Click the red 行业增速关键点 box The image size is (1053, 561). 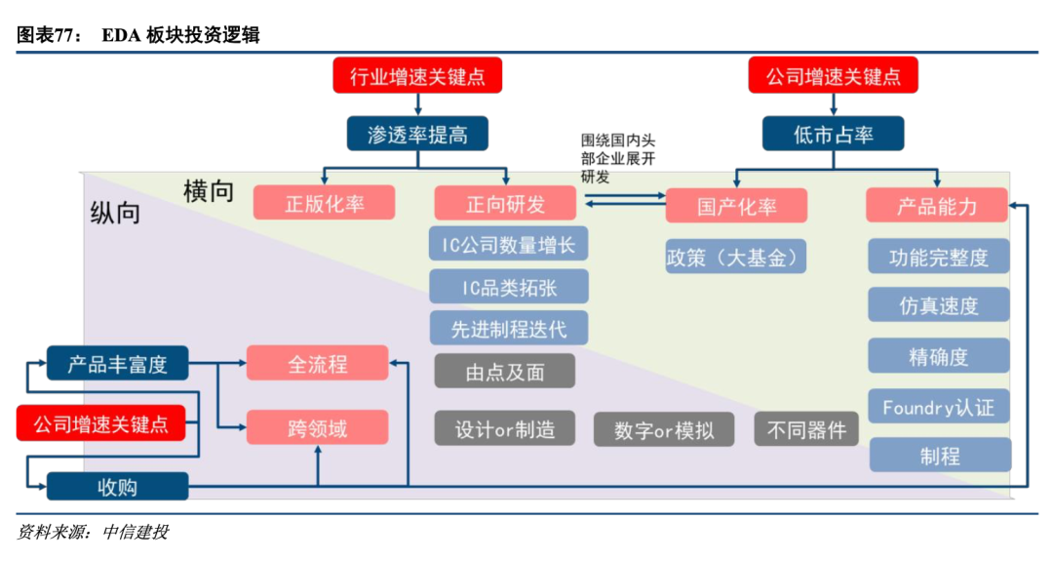(x=417, y=75)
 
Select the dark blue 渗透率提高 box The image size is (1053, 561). (x=417, y=134)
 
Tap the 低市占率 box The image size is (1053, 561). (x=833, y=134)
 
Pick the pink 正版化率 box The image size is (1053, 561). (x=324, y=203)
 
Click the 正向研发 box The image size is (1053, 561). (x=505, y=203)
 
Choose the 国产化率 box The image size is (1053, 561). (x=736, y=205)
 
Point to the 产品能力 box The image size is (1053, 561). (x=937, y=205)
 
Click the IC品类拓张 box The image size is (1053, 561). (x=508, y=287)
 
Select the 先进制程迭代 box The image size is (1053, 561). (x=508, y=329)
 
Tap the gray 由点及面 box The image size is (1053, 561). (x=505, y=372)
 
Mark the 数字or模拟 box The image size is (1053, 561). (x=664, y=429)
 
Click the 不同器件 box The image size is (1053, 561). (x=806, y=429)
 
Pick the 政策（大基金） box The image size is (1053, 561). (x=736, y=257)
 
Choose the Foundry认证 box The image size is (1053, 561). (x=938, y=407)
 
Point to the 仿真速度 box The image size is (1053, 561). (x=938, y=304)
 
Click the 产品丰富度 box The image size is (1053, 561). (x=117, y=364)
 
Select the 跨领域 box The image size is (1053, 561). (x=317, y=427)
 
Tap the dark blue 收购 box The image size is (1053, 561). (x=117, y=486)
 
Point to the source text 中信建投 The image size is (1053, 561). (x=136, y=533)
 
